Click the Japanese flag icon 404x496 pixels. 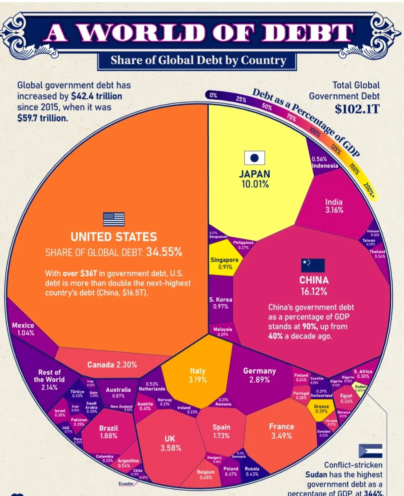click(x=254, y=158)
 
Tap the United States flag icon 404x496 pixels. click(x=114, y=219)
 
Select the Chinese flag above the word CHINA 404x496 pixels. click(x=313, y=265)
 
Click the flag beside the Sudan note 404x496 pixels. click(x=370, y=451)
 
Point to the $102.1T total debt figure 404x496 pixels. click(x=357, y=109)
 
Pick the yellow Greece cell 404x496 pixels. click(x=321, y=409)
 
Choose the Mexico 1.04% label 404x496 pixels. click(x=23, y=329)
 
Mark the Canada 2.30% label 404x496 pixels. click(x=112, y=365)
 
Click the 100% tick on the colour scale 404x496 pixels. click(x=315, y=132)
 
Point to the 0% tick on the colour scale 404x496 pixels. click(x=213, y=95)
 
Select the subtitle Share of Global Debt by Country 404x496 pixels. click(x=198, y=60)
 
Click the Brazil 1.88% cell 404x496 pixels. click(x=108, y=432)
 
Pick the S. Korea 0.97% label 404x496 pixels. click(x=221, y=303)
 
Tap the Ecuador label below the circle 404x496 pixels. click(x=126, y=484)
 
